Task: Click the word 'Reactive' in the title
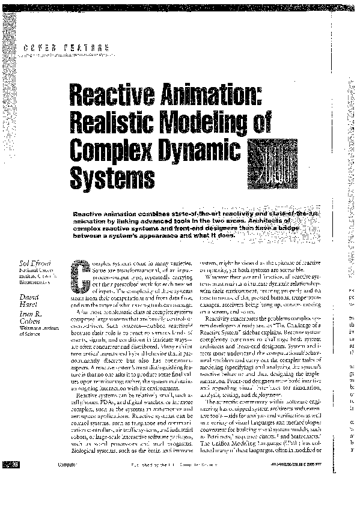click(x=108, y=94)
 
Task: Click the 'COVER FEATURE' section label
click(x=66, y=48)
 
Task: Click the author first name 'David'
click(x=29, y=297)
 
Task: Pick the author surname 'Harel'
click(x=29, y=306)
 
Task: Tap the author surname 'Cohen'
click(x=31, y=322)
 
